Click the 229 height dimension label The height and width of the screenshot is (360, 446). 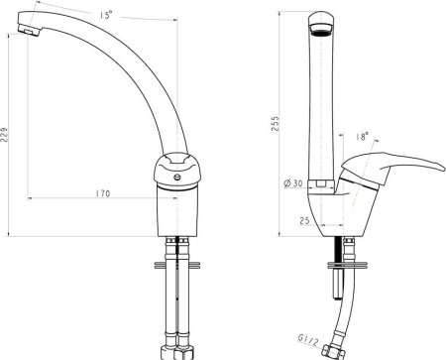(4, 135)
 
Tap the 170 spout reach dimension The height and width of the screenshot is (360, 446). (103, 193)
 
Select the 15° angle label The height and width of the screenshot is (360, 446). (106, 15)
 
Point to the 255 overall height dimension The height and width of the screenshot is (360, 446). (276, 124)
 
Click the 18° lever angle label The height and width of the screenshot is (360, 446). (363, 136)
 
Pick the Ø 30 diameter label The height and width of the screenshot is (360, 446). (293, 183)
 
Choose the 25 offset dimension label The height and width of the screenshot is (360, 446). (304, 220)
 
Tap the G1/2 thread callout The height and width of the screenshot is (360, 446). (308, 340)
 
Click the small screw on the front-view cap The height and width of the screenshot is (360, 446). (177, 178)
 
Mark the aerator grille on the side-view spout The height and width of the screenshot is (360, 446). (321, 32)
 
